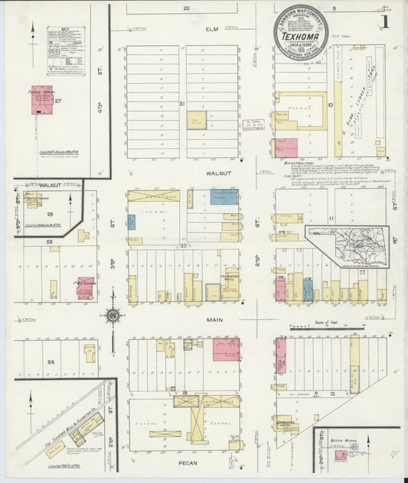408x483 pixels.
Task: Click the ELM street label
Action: [x=212, y=29]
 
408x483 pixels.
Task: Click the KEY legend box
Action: [x=64, y=50]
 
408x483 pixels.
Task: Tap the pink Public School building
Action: [x=41, y=100]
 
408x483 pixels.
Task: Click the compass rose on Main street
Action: [x=113, y=316]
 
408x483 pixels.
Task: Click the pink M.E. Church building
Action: [x=85, y=287]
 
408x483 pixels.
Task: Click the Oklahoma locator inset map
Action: [x=346, y=246]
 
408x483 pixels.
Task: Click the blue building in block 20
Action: [x=224, y=197]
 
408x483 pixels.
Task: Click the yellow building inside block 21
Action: [x=197, y=120]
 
